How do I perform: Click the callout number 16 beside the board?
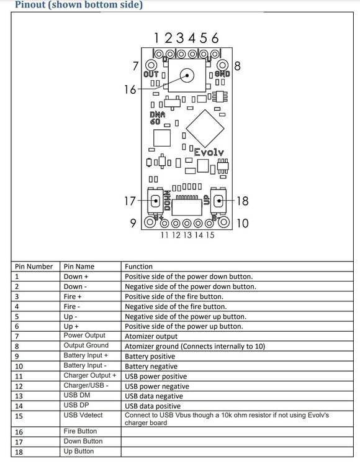pos(130,89)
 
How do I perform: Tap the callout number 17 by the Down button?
pos(130,201)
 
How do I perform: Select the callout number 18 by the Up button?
pos(243,201)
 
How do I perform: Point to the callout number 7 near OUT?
pos(136,66)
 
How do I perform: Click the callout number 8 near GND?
pos(238,66)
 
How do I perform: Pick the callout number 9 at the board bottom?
pos(133,223)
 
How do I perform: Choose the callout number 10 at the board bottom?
pos(243,223)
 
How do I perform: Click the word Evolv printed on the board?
pos(209,152)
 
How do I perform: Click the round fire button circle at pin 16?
pos(187,75)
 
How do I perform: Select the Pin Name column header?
pos(79,267)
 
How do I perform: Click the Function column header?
pos(138,267)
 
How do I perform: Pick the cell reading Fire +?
pos(73,296)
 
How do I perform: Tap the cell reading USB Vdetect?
pos(83,415)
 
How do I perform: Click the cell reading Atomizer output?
pos(151,336)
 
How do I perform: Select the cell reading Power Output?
pos(84,336)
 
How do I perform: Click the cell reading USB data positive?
pos(153,406)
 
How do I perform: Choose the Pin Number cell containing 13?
pos(19,396)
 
